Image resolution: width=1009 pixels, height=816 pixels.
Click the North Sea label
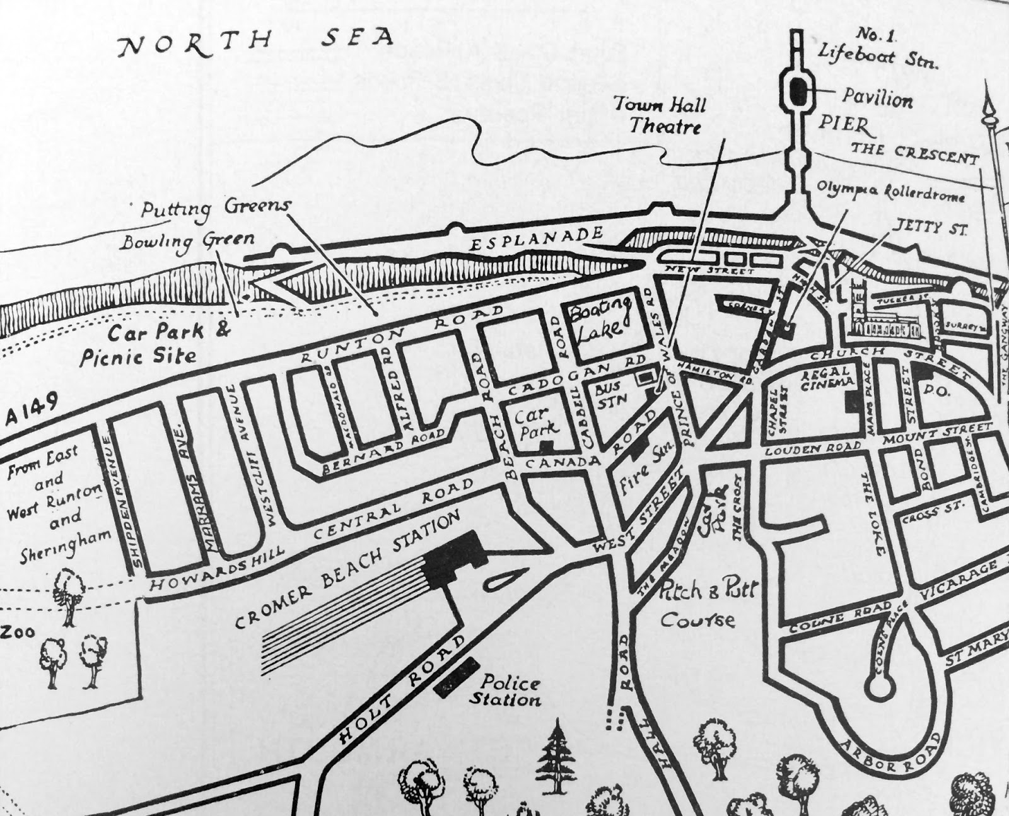256,42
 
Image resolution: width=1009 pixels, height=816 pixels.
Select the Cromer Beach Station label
347,571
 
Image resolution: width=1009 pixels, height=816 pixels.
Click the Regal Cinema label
827,376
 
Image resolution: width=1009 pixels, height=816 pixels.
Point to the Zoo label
17,632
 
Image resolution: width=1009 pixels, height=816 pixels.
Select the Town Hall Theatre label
660,115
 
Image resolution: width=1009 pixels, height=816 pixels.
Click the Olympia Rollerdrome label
891,191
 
